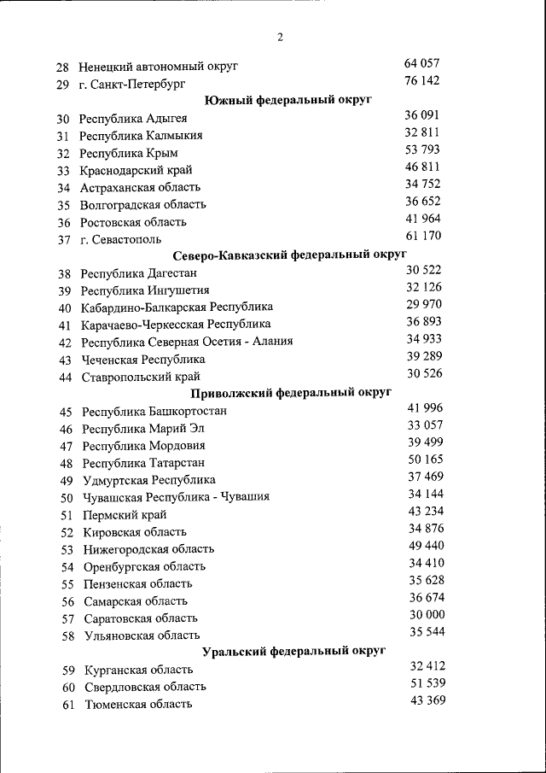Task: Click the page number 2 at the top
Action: click(x=280, y=37)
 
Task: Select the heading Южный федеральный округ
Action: click(x=289, y=101)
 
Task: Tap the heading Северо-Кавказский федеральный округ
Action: click(x=289, y=255)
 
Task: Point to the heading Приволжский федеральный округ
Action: click(x=291, y=392)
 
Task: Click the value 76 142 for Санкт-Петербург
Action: click(x=422, y=80)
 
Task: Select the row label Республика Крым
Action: click(x=129, y=153)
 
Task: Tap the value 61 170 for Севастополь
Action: click(x=423, y=236)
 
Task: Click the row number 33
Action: click(x=63, y=171)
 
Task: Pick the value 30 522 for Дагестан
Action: click(x=424, y=270)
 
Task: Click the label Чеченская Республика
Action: click(x=143, y=360)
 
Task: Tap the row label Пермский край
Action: click(x=125, y=515)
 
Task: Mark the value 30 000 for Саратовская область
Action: click(x=427, y=615)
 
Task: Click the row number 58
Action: click(x=68, y=635)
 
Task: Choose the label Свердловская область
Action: click(x=145, y=687)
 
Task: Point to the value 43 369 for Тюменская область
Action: click(x=427, y=700)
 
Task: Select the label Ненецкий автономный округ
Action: click(x=158, y=67)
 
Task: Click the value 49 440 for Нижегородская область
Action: click(x=427, y=546)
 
